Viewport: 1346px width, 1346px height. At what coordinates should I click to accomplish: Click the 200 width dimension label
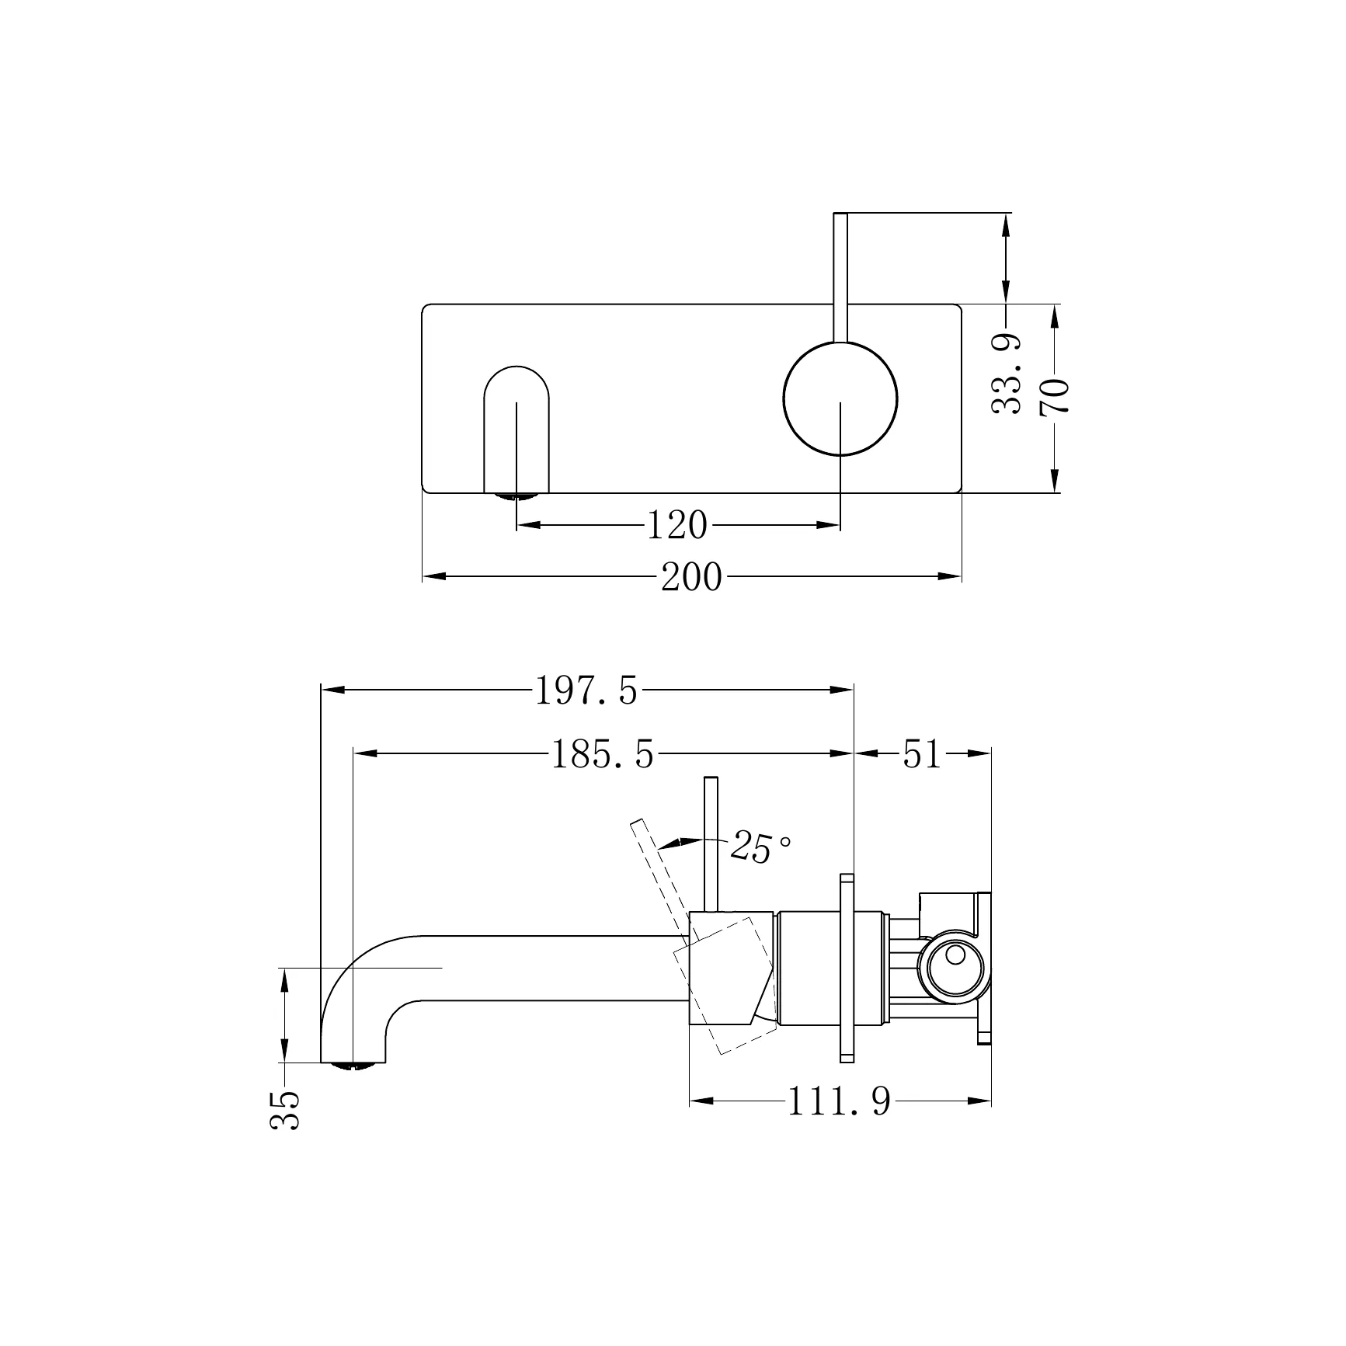691,578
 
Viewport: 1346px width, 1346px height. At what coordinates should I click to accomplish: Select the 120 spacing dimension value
677,526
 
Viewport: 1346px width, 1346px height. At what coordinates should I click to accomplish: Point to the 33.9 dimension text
1007,374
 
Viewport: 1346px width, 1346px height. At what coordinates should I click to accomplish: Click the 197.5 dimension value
586,690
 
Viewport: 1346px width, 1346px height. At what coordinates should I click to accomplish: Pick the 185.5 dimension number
603,754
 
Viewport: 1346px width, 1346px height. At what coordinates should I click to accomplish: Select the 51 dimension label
922,753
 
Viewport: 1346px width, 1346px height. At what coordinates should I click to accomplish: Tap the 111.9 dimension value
840,1101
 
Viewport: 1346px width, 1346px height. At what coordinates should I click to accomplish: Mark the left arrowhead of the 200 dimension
433,576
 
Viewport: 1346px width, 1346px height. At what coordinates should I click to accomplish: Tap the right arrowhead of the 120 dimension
829,525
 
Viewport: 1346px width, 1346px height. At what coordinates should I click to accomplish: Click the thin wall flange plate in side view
847,968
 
